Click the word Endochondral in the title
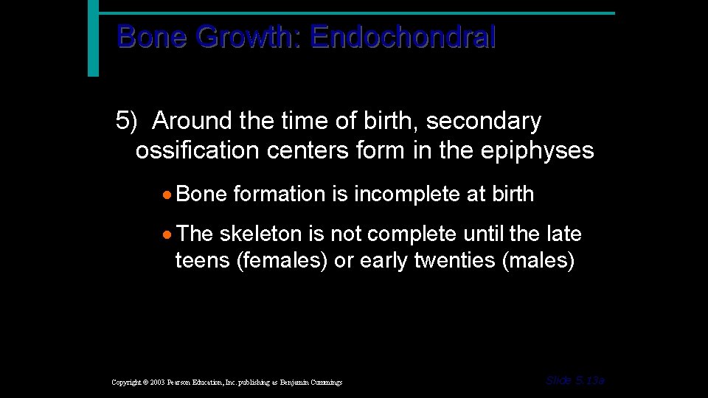pos(403,36)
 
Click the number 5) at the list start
pos(127,120)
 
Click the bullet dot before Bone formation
pos(169,195)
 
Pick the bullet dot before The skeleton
pos(169,235)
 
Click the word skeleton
pos(261,234)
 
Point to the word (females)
pos(282,261)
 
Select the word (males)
pos(538,261)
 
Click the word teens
pos(202,261)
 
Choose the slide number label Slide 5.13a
pos(575,380)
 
